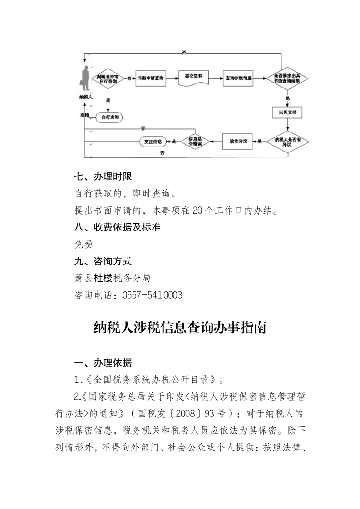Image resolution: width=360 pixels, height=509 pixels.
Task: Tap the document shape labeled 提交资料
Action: [193, 78]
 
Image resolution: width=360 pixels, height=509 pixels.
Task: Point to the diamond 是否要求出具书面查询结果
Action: [286, 78]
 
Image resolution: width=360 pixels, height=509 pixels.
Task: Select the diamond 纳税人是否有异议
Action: [286, 142]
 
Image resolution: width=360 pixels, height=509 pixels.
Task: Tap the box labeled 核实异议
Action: [238, 142]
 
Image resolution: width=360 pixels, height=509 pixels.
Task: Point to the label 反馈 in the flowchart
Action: [84, 115]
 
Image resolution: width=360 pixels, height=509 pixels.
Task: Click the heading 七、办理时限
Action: [103, 176]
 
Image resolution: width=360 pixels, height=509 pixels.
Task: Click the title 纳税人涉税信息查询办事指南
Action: [180, 328]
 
